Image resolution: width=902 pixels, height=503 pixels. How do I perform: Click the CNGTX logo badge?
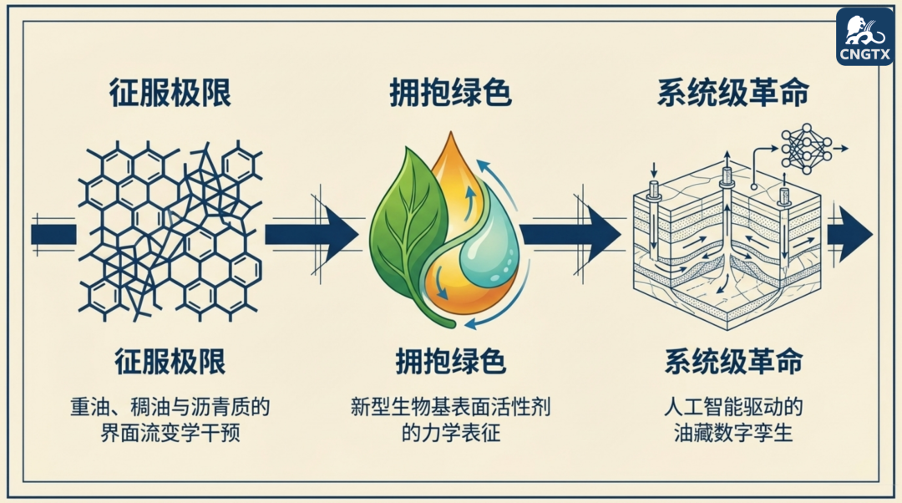864,37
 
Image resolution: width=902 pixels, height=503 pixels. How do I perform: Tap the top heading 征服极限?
170,93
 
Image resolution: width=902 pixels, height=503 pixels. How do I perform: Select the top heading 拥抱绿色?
450,93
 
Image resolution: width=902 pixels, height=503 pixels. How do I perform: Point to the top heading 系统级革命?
732,93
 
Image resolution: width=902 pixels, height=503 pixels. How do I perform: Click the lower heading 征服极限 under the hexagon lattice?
170,362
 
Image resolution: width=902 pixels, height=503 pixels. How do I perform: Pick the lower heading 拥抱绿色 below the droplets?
450,362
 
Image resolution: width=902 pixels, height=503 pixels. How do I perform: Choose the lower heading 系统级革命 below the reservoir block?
733,362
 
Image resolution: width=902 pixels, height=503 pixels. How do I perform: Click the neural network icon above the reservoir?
806,150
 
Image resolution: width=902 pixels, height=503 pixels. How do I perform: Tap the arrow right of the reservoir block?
849,233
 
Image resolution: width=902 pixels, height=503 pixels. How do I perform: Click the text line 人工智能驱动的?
732,409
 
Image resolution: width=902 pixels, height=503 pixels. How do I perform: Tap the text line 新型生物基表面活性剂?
450,409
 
